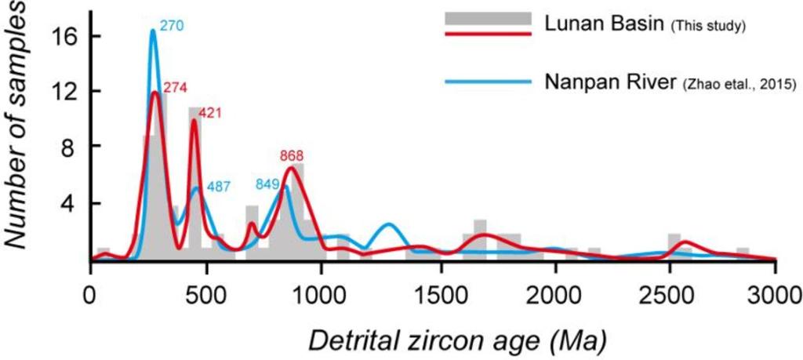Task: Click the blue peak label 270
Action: (x=171, y=25)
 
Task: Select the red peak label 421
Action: (x=211, y=113)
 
